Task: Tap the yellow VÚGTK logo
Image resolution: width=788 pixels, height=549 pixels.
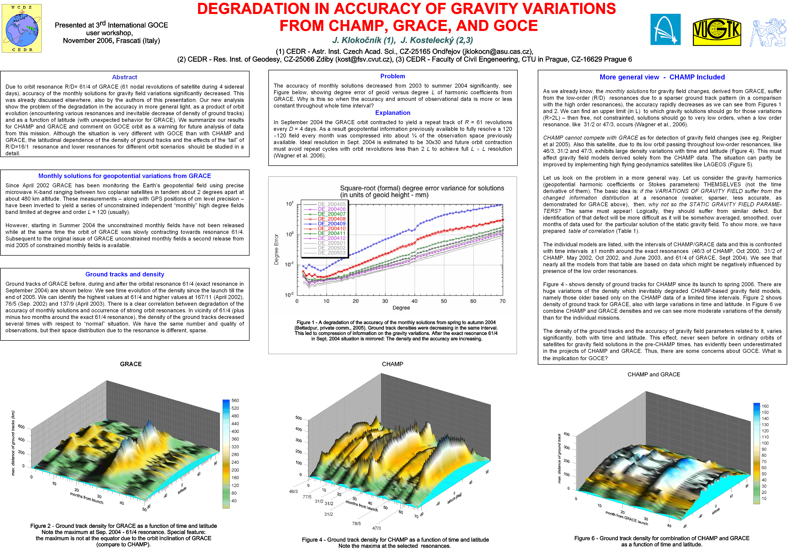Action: click(717, 32)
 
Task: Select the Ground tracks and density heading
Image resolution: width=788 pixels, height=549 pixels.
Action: click(125, 274)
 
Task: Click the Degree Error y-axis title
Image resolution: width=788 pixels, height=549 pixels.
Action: click(276, 249)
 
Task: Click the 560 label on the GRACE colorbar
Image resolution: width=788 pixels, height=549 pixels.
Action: click(235, 401)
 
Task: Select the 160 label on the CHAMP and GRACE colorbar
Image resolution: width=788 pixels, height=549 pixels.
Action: click(765, 406)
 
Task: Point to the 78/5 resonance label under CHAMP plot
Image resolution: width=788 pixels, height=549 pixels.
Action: click(356, 524)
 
